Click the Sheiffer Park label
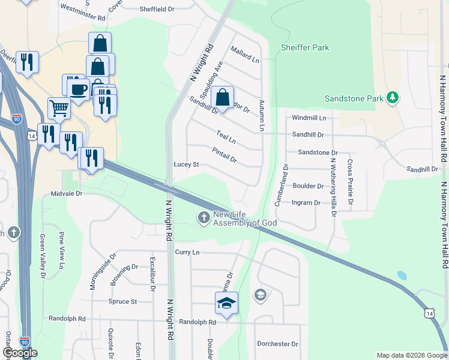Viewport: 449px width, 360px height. coord(306,47)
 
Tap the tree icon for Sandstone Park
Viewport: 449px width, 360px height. coord(393,97)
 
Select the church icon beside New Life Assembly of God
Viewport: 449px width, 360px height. coord(204,218)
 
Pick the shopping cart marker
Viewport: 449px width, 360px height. coord(59,109)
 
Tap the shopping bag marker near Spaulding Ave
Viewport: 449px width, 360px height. coord(223,97)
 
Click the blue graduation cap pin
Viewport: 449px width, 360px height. coord(227,302)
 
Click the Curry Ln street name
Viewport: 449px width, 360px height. coord(187,253)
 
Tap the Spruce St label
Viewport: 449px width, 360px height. coord(122,301)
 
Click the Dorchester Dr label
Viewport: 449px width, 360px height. coord(278,344)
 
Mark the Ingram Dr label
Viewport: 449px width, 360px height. coord(306,203)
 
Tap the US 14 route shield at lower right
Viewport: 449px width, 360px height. coord(429,313)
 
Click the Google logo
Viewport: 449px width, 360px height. coord(20,353)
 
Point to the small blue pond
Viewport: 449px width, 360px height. coord(402,276)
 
